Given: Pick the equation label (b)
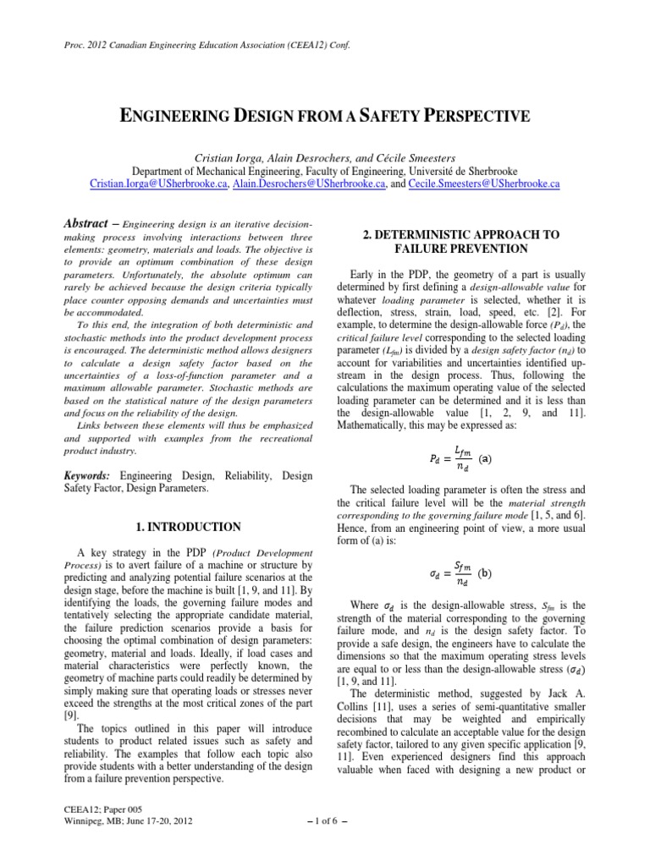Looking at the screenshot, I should (x=484, y=573).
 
